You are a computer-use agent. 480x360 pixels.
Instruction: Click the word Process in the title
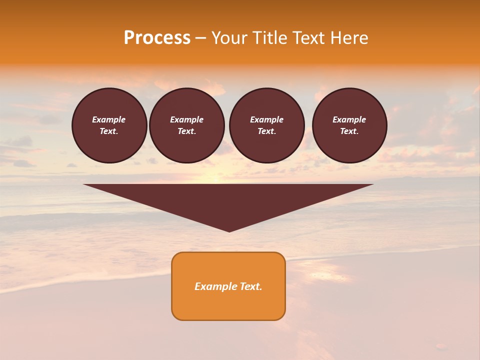click(x=157, y=38)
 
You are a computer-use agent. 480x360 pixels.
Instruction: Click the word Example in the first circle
click(x=109, y=119)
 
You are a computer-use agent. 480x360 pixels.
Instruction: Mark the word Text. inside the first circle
click(x=109, y=131)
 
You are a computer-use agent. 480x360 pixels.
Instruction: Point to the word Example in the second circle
click(x=186, y=119)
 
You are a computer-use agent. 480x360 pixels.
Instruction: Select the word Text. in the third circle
click(x=267, y=131)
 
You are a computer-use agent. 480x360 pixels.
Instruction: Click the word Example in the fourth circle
click(x=349, y=119)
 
